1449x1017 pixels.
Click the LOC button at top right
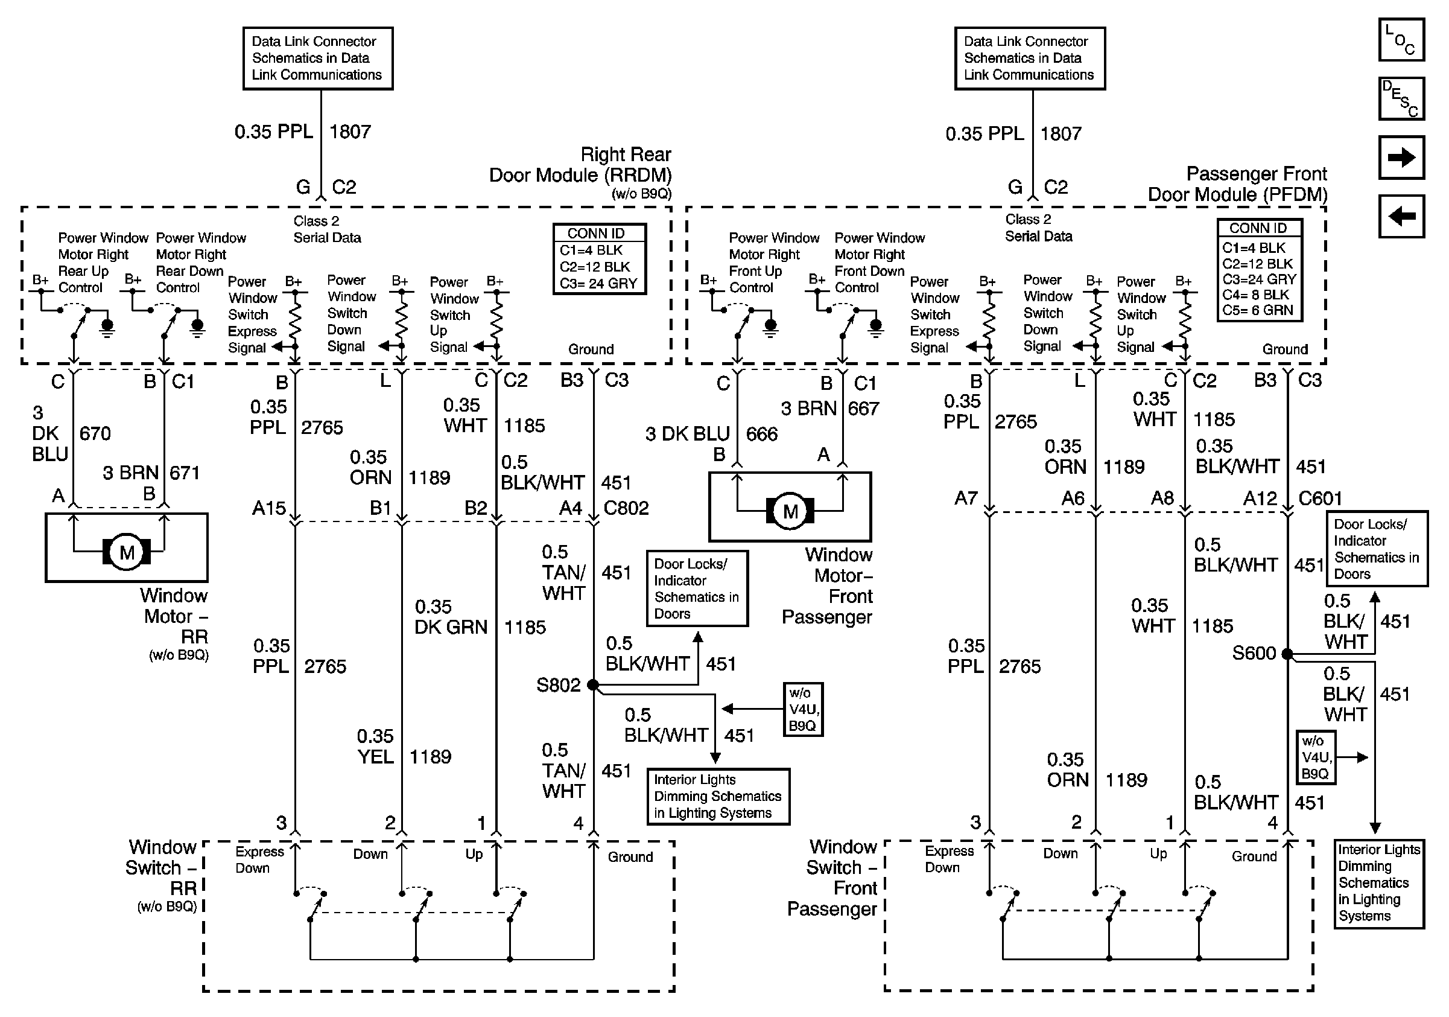click(x=1401, y=40)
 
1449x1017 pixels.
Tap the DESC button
click(x=1401, y=98)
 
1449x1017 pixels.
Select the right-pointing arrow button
click(x=1401, y=157)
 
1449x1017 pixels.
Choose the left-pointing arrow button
click(x=1401, y=217)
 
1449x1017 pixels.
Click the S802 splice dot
click(x=592, y=684)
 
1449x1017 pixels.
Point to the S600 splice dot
click(x=1287, y=654)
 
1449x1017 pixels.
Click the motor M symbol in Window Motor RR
click(x=127, y=553)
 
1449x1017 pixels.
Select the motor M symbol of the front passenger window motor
click(x=790, y=511)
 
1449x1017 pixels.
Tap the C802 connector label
click(x=626, y=508)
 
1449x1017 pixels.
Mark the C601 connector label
click(x=1321, y=499)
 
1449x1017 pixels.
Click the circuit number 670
click(x=95, y=434)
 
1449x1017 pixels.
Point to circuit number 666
click(x=762, y=435)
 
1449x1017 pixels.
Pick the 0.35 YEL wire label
click(x=375, y=746)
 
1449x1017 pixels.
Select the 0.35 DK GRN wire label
click(x=451, y=617)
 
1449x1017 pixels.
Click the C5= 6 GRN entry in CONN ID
click(x=1258, y=310)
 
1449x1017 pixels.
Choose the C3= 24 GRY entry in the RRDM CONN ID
click(x=598, y=284)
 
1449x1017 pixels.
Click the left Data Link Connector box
click(x=318, y=58)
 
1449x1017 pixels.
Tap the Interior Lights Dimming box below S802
click(x=718, y=796)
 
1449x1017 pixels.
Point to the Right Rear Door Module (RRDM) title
click(x=580, y=165)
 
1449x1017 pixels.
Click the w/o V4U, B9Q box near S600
click(x=1316, y=757)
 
